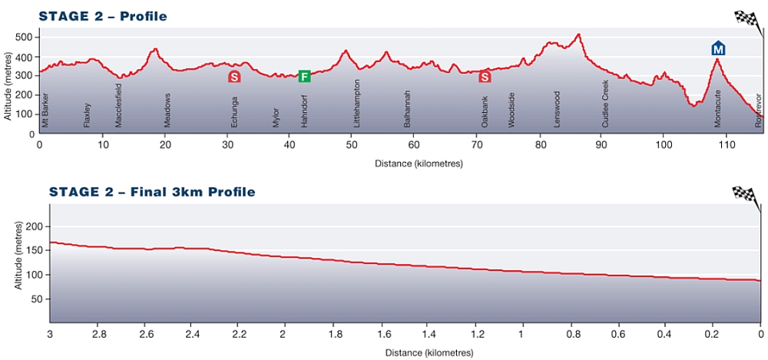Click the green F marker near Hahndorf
tap(304, 76)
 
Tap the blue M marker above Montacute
tap(718, 49)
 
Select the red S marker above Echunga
tap(234, 76)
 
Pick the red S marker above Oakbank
tap(485, 76)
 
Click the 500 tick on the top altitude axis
tap(28, 37)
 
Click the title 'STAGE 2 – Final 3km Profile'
tap(151, 192)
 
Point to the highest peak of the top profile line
tap(578, 34)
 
